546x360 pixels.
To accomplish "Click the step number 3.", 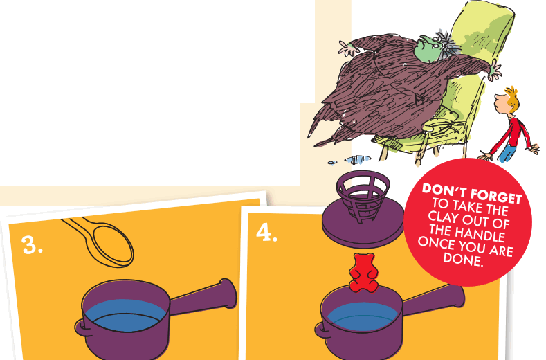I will tap(33, 244).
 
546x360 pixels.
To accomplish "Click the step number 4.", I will tap(267, 233).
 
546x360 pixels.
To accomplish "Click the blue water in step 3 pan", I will tap(125, 316).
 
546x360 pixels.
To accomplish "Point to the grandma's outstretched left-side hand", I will tap(345, 47).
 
